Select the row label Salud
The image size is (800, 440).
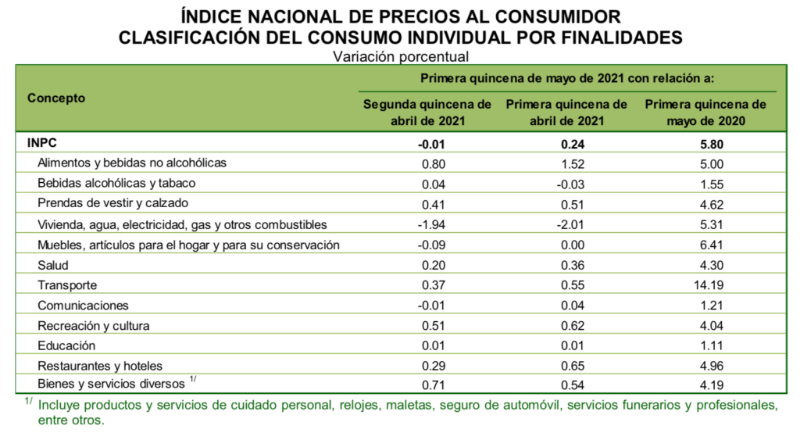point(53,265)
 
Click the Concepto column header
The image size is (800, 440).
point(56,98)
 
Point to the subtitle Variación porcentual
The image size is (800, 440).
point(400,56)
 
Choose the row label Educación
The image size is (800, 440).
point(66,345)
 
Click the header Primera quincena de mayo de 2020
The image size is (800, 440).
point(705,113)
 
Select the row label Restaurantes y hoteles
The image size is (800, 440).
point(99,366)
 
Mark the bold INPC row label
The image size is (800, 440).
point(42,143)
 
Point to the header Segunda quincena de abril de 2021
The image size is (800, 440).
point(427,113)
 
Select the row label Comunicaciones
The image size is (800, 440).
point(83,306)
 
